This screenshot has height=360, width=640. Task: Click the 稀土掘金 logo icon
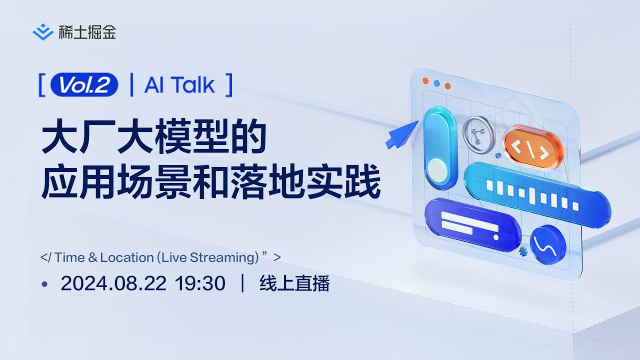pos(43,32)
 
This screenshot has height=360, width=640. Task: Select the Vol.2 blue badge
pos(84,85)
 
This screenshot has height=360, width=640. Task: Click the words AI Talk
pos(180,85)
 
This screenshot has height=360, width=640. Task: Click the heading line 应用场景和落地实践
pos(211,183)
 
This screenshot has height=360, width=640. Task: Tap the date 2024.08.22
pos(113,283)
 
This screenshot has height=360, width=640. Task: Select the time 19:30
pos(200,283)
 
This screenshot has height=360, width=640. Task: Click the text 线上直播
pos(294,283)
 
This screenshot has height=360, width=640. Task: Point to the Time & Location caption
pos(160,257)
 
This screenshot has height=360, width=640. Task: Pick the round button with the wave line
pos(548,245)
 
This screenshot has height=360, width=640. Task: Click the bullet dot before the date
pos(44,284)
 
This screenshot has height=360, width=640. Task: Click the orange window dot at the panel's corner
pos(425,80)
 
